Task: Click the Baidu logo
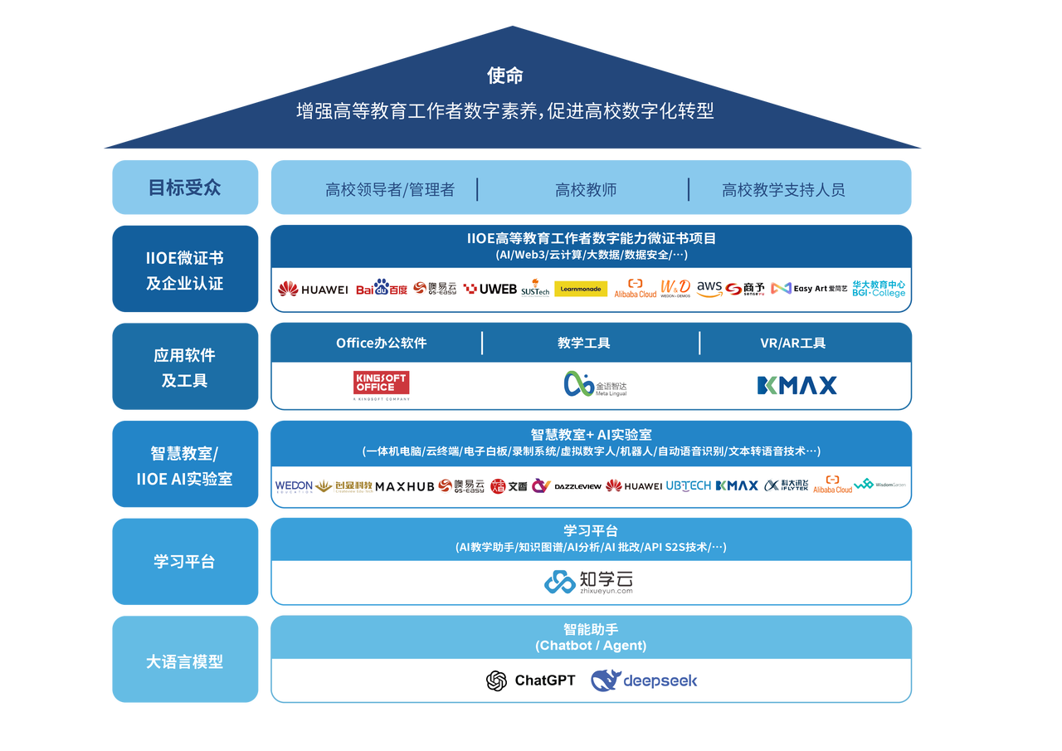tap(382, 288)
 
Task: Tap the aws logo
tap(709, 288)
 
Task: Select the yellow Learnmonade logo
tap(581, 289)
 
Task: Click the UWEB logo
tap(490, 289)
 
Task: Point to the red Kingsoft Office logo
tap(382, 384)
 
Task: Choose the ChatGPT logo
tap(531, 680)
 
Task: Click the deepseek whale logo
tap(644, 680)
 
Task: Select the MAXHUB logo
tap(404, 486)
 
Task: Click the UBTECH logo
tap(688, 485)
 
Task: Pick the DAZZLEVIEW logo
tap(577, 486)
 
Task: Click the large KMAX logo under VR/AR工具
tap(796, 385)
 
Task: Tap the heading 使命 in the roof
tap(505, 76)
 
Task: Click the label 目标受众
tap(184, 188)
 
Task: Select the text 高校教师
tap(586, 190)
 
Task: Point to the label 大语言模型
tap(184, 661)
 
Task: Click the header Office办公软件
tap(381, 343)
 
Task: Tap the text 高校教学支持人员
tap(783, 190)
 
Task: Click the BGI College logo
tap(879, 289)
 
